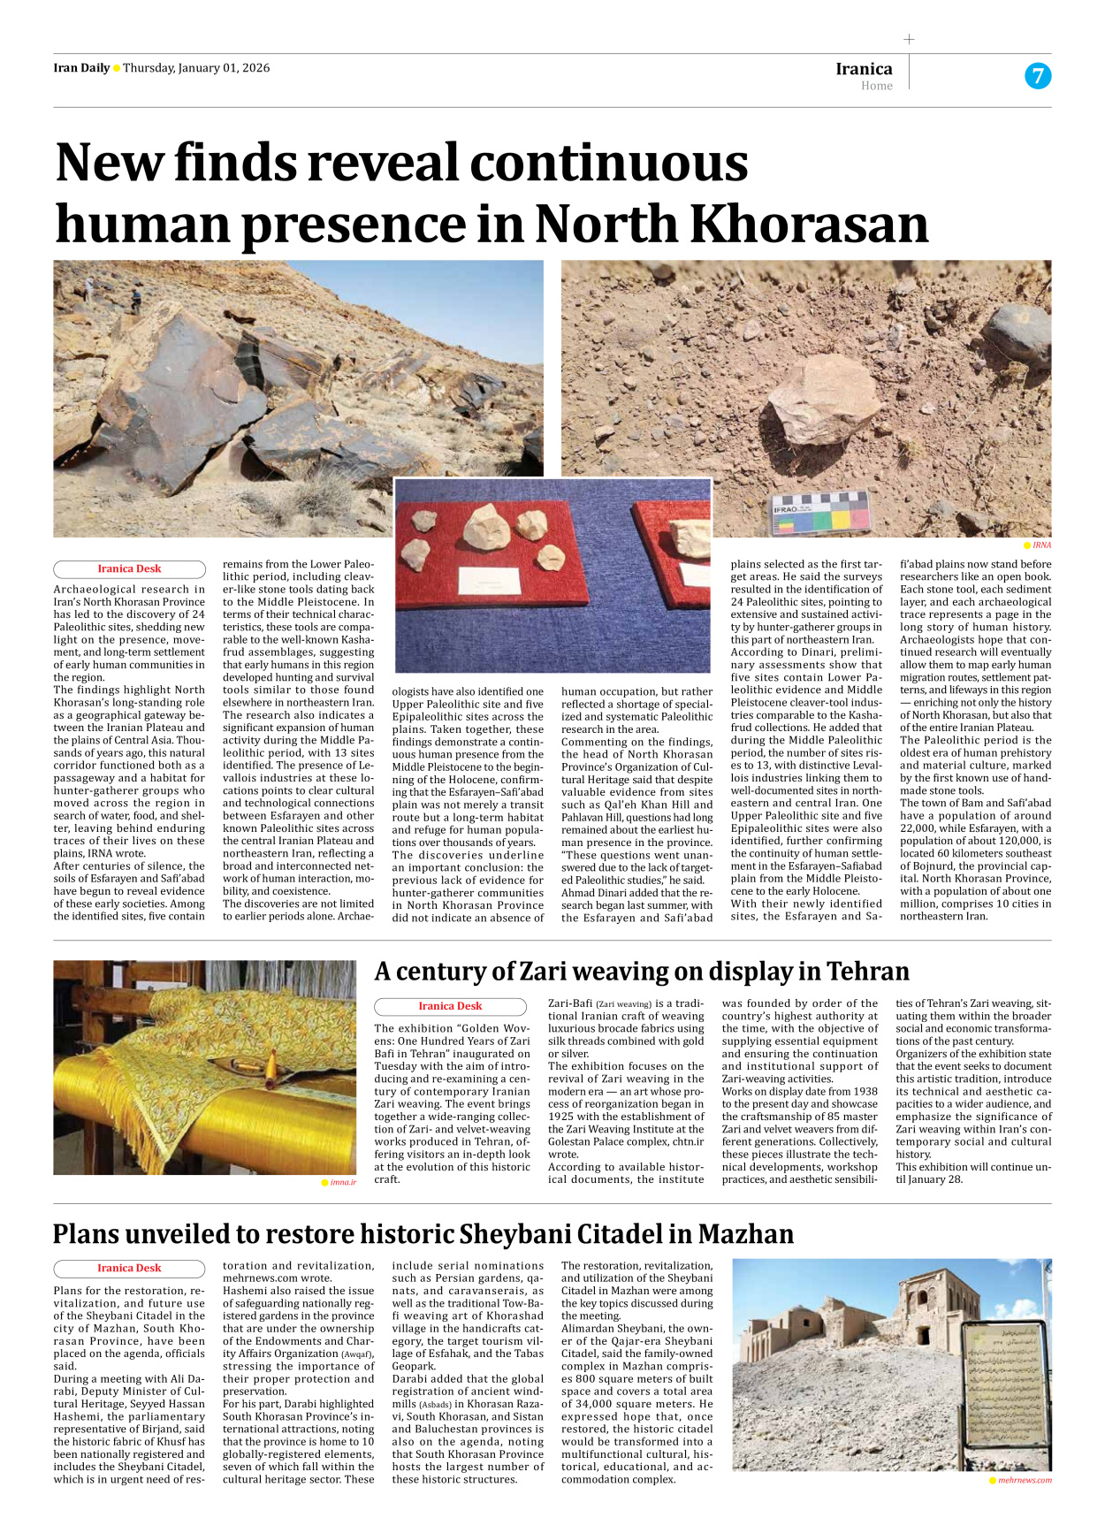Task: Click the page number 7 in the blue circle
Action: point(1038,76)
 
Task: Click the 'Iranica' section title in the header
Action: point(864,69)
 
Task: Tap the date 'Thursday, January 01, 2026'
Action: point(196,68)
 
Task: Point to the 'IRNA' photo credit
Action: point(1041,545)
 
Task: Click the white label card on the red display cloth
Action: point(489,581)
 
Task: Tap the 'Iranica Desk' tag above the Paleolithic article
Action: point(129,568)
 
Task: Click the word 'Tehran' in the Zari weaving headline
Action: point(867,972)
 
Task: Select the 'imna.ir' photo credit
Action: point(343,1182)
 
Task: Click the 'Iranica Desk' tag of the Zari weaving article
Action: point(450,1006)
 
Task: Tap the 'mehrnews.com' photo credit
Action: point(1024,1480)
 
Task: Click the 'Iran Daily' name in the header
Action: point(81,68)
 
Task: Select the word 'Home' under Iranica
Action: point(876,86)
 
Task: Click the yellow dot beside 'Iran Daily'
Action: point(117,69)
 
